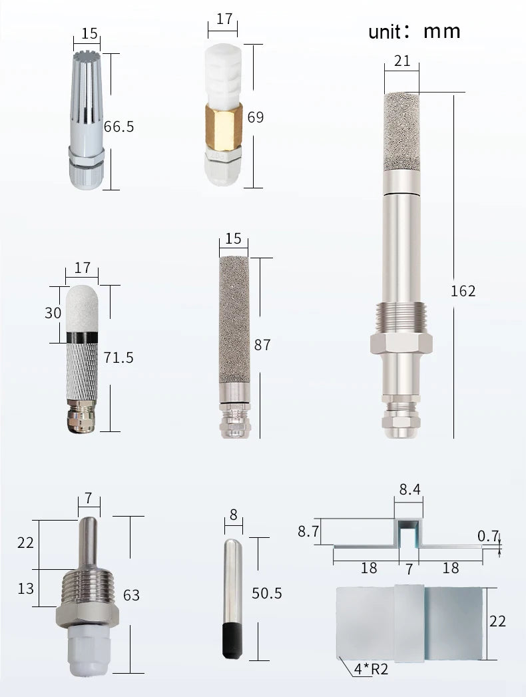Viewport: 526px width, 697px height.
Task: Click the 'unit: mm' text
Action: click(414, 31)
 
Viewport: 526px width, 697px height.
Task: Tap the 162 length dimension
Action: click(463, 291)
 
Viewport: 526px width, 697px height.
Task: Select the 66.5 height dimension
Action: click(119, 126)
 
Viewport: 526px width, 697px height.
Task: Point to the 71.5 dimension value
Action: click(119, 357)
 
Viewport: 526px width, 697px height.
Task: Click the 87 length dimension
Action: click(262, 345)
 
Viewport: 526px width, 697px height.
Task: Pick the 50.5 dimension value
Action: click(267, 593)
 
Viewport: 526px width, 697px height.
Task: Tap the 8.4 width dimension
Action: click(409, 489)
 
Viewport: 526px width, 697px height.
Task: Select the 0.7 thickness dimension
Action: click(488, 536)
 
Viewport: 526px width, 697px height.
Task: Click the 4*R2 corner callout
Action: click(372, 668)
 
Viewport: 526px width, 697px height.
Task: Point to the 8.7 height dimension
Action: click(308, 531)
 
